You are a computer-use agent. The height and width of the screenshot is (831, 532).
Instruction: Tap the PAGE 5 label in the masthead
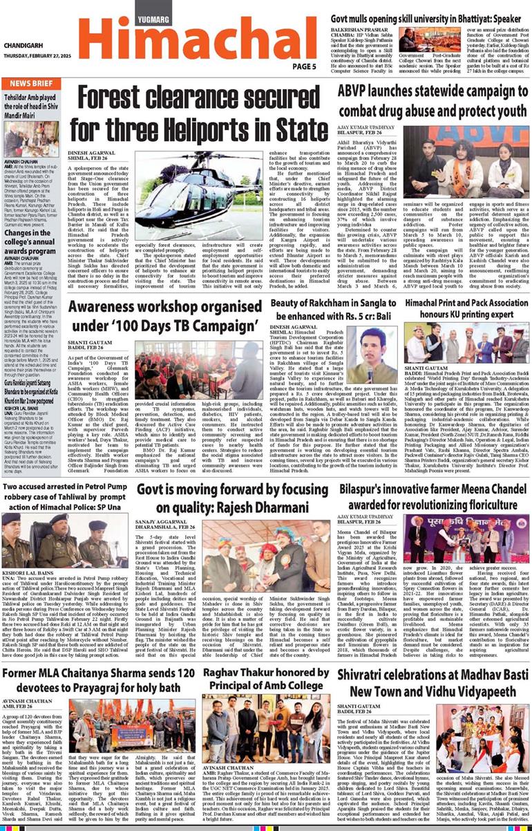(x=304, y=66)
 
